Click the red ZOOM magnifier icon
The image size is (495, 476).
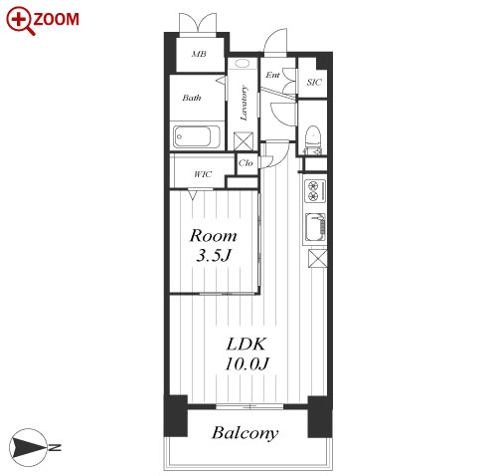[20, 21]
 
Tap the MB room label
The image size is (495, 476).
[199, 54]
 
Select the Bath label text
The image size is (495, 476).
[192, 98]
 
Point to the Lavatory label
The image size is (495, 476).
[244, 104]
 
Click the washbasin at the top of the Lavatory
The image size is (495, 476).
[243, 64]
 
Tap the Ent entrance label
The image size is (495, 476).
[272, 75]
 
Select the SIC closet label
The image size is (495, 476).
[314, 82]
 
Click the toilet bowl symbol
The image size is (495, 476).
[312, 136]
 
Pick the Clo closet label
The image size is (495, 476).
[246, 163]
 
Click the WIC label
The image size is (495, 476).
[203, 174]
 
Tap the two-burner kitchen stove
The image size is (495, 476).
[315, 191]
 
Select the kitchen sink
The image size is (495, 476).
[315, 227]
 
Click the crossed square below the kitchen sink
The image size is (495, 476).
[317, 259]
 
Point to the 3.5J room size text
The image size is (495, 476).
[213, 256]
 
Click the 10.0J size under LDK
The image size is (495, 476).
[247, 363]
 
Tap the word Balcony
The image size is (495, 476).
[246, 433]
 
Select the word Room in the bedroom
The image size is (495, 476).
[213, 236]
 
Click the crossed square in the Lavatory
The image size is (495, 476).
[244, 141]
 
